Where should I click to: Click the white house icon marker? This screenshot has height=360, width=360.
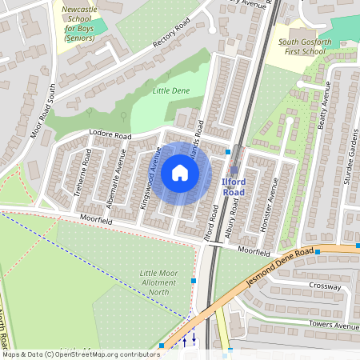pos(180,173)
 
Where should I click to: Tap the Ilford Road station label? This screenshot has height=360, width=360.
pos(234,187)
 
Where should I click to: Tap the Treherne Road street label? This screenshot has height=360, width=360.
pos(87,171)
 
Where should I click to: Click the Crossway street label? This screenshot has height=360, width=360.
pos(326,286)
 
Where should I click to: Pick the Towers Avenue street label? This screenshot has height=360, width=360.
pos(334,326)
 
